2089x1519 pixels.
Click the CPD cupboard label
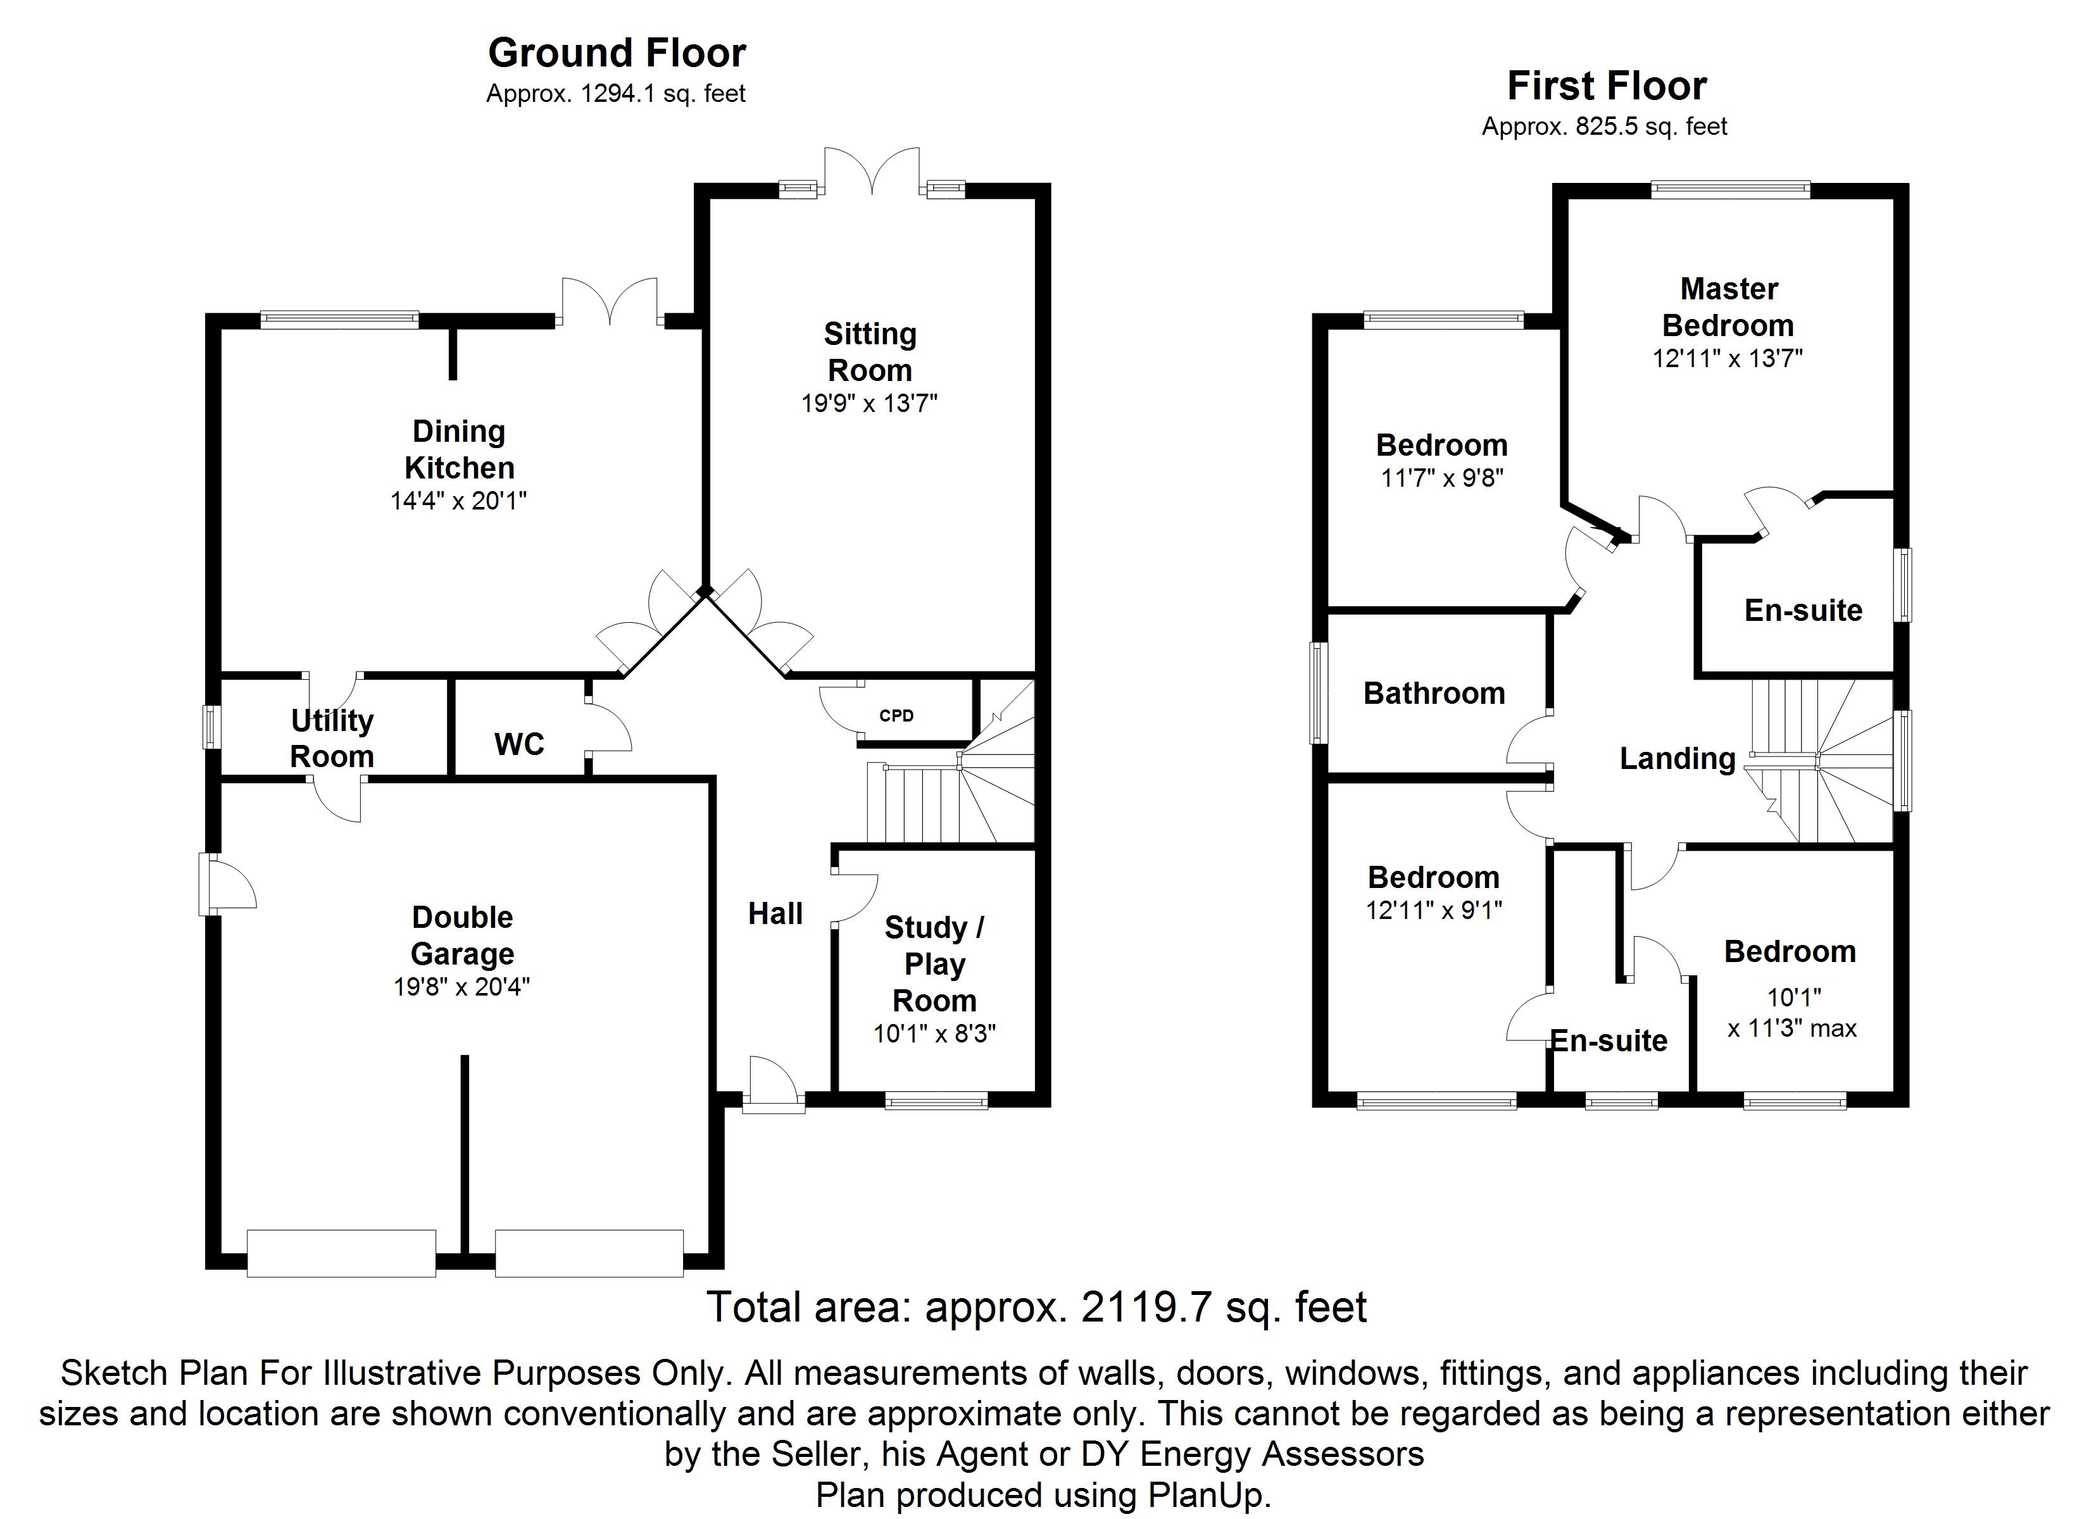point(896,716)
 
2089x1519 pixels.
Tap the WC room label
point(520,744)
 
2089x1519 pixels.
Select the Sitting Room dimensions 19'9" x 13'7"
point(870,403)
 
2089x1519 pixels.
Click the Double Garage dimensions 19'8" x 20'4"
point(461,987)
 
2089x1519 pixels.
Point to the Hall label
point(775,914)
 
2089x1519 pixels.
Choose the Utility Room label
point(332,738)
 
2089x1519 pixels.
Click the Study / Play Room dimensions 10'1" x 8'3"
point(935,1034)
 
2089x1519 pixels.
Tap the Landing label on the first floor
point(1678,759)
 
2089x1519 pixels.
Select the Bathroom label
point(1434,694)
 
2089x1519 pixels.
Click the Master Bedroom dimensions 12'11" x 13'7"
point(1728,358)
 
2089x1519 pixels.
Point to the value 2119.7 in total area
point(1146,1307)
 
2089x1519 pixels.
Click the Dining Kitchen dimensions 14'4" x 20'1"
point(459,501)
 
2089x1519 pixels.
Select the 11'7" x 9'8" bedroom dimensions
point(1443,479)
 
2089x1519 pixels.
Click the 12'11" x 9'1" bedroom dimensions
point(1434,911)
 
